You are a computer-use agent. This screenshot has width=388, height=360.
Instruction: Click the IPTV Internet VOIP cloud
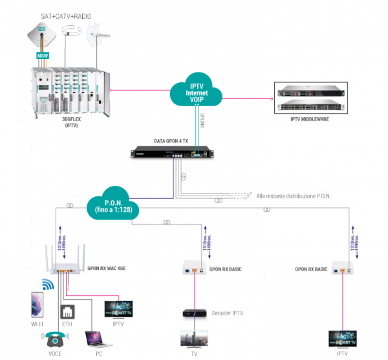point(197,93)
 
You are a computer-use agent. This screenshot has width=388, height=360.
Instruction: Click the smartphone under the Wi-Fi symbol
point(36,303)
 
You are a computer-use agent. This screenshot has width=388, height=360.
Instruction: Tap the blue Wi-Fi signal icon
point(48,284)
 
